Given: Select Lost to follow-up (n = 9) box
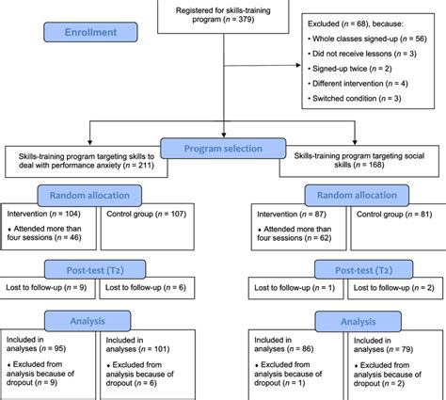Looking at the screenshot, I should [46, 287].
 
